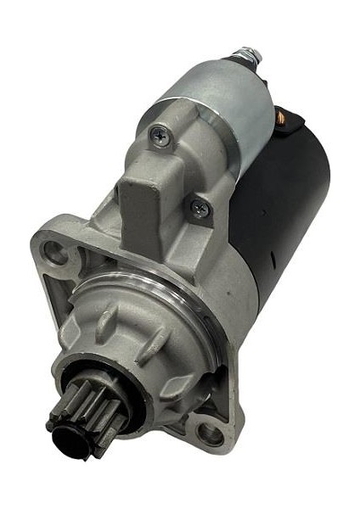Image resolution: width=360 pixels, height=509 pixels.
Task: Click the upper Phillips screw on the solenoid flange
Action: tap(160, 133)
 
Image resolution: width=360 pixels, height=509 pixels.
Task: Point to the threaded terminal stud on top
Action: tap(250, 55)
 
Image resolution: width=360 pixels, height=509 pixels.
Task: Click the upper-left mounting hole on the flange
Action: tap(55, 251)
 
